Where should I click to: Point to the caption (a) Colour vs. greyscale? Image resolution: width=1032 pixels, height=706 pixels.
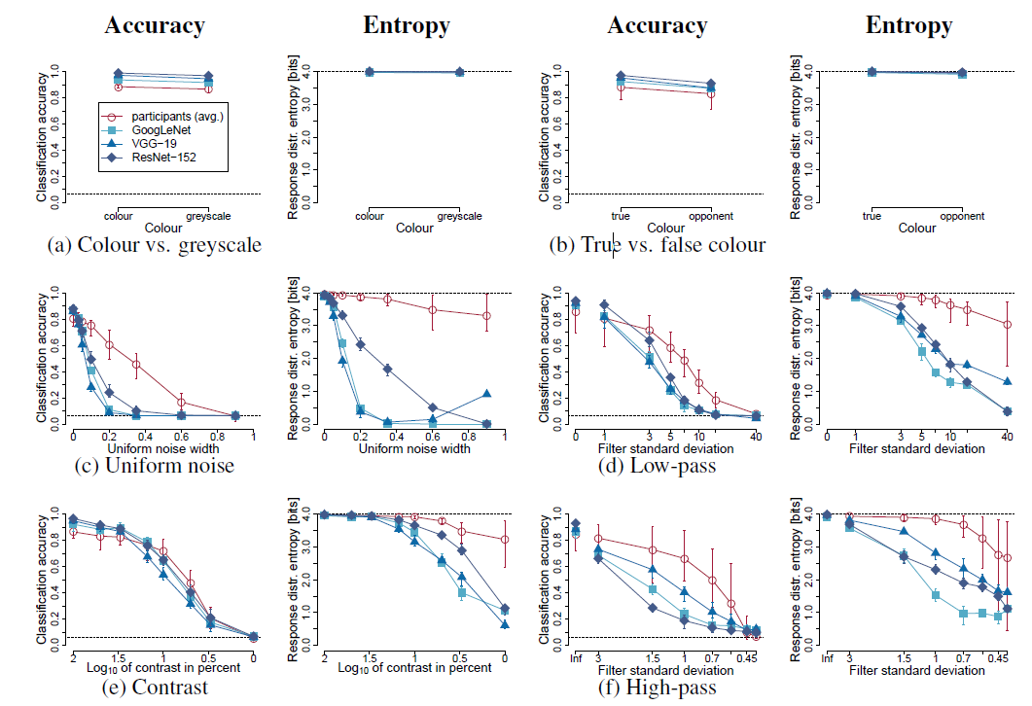pos(154,245)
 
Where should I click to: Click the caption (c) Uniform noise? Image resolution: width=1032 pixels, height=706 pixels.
pos(154,466)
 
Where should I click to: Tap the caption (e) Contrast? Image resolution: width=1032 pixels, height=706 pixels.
pos(154,688)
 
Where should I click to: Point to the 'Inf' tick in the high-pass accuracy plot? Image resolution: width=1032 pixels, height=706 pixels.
pos(575,658)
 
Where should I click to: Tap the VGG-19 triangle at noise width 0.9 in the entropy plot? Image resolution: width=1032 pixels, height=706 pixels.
pos(486,394)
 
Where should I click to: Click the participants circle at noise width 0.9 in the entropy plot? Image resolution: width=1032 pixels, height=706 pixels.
pos(486,315)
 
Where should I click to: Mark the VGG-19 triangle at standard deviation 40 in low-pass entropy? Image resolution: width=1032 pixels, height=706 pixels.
pos(1007,381)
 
